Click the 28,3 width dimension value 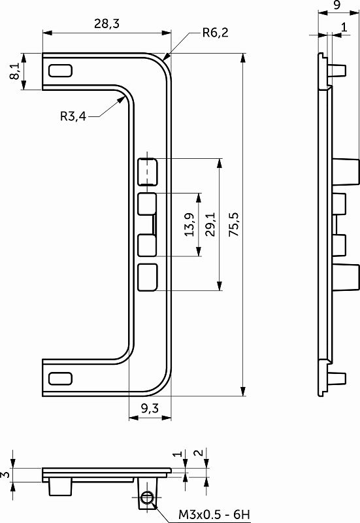pyautogui.click(x=106, y=24)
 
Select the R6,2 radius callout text pyautogui.click(x=216, y=33)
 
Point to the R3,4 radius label pyautogui.click(x=73, y=116)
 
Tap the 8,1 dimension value pyautogui.click(x=14, y=71)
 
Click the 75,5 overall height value pyautogui.click(x=234, y=224)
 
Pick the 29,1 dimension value pyautogui.click(x=210, y=224)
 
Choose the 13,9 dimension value pyautogui.click(x=190, y=224)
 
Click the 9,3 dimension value pyautogui.click(x=150, y=408)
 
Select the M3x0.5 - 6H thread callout pyautogui.click(x=214, y=515)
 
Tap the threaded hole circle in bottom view pyautogui.click(x=147, y=498)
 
